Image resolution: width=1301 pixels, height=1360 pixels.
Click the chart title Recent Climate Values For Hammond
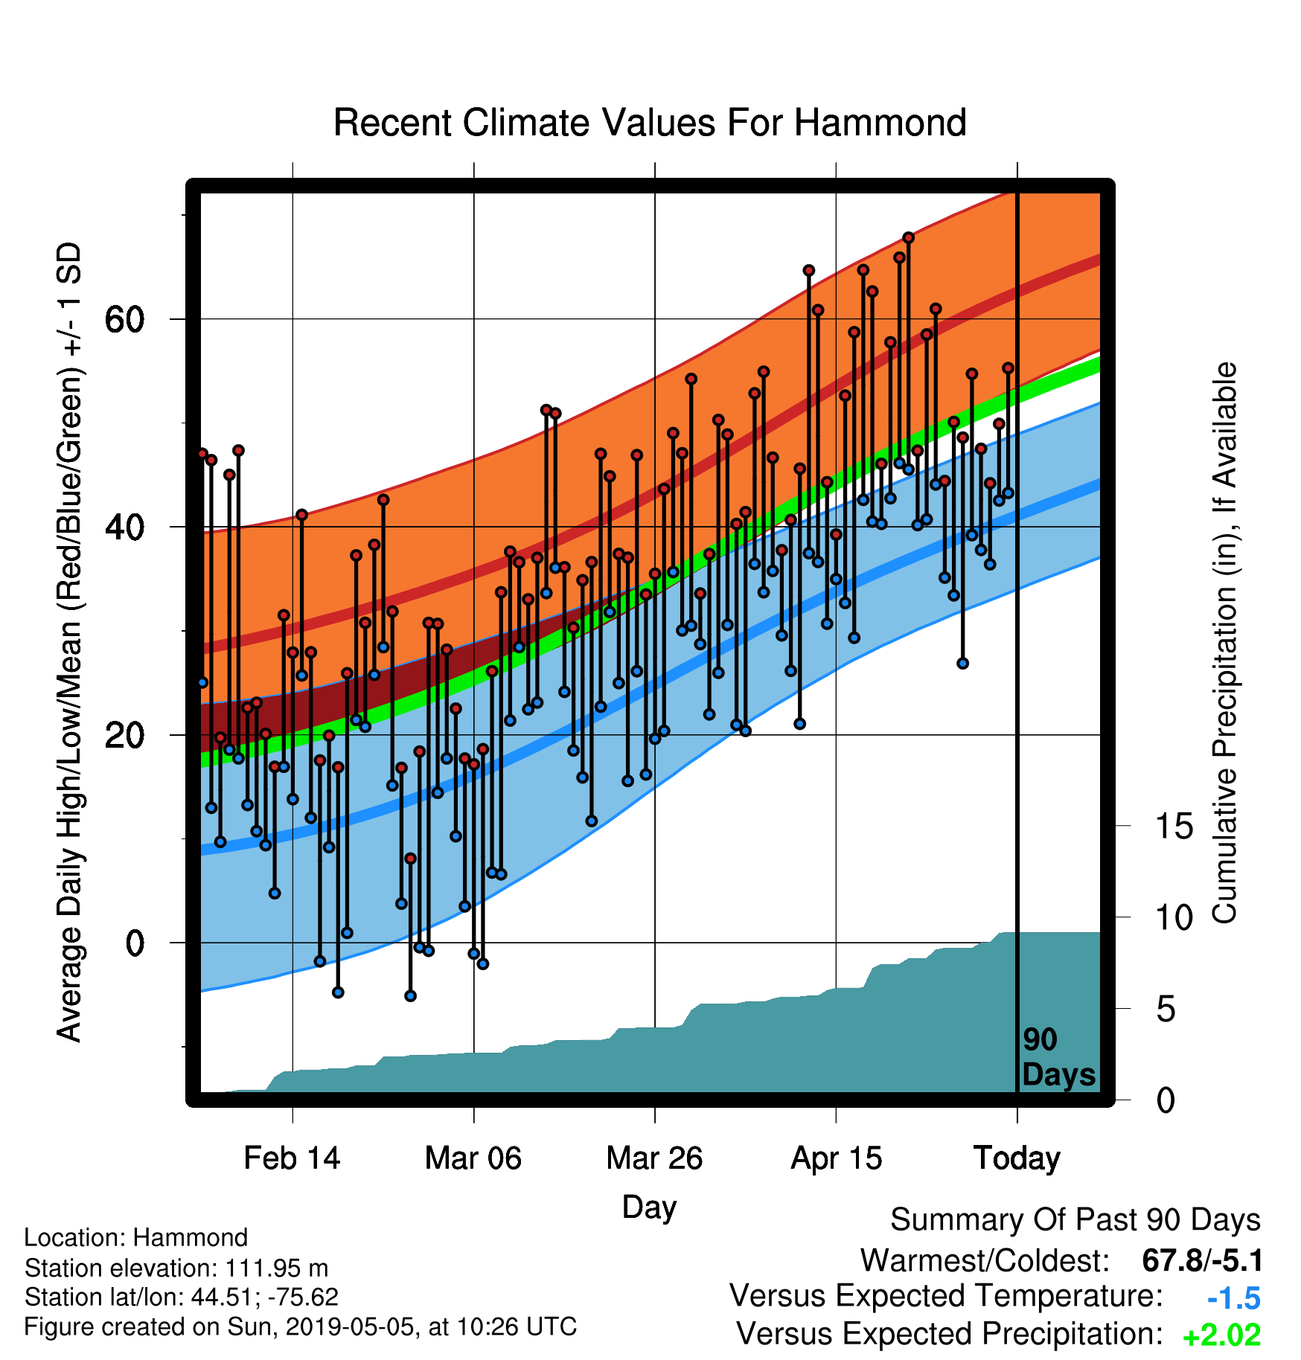pos(650,123)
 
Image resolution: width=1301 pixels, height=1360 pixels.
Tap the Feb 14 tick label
pos(292,1158)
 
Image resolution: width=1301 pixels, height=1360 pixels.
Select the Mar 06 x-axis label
pos(473,1158)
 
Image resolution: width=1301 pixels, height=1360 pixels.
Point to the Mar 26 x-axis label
pos(654,1158)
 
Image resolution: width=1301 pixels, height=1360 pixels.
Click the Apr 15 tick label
pos(836,1158)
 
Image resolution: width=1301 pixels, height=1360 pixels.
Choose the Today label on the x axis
pos(1017,1158)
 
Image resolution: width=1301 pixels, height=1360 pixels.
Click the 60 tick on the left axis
pos(124,319)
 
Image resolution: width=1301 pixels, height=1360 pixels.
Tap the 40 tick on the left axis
pos(124,527)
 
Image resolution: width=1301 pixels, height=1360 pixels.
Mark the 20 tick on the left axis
pos(124,735)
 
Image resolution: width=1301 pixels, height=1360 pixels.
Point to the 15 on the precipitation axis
pos(1174,826)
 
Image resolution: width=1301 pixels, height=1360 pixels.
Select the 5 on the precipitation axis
pos(1166,1009)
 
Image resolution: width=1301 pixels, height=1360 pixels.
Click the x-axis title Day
pos(649,1207)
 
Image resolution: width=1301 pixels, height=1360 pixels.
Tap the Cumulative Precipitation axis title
pos(1224,644)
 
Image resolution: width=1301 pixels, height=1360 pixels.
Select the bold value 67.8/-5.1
pos(1202,1260)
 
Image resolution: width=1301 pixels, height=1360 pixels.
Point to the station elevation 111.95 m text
pos(176,1267)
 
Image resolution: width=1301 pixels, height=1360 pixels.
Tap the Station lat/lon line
pos(182,1297)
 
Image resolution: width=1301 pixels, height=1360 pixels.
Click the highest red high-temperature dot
pos(908,237)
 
